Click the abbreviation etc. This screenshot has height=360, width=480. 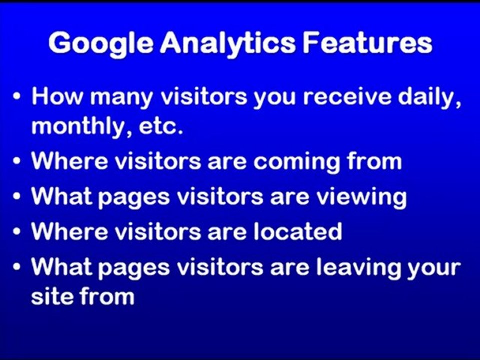[x=162, y=127]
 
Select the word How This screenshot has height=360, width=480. [x=56, y=96]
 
